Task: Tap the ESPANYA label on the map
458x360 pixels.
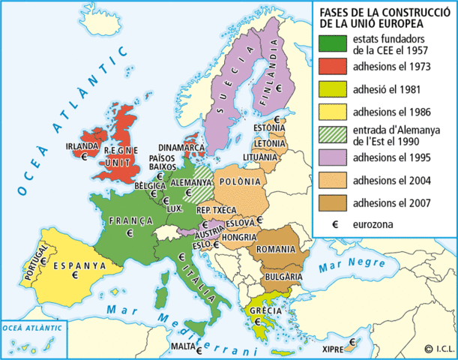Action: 73,265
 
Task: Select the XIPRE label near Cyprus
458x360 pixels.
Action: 334,349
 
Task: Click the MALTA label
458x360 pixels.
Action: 183,346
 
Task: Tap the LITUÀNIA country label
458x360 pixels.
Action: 262,157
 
